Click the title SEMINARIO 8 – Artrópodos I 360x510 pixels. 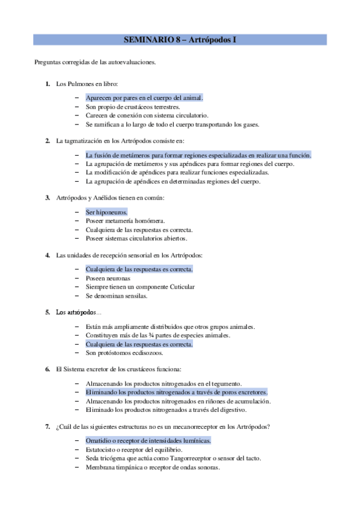click(180, 40)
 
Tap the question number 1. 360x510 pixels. click(47, 84)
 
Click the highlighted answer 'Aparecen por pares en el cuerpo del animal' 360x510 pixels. click(144, 97)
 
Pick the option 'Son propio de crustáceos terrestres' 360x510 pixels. click(132, 106)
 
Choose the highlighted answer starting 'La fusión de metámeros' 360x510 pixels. click(198, 155)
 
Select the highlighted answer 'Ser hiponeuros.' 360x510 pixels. click(106, 212)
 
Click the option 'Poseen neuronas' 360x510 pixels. click(108, 278)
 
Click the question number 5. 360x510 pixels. click(47, 312)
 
